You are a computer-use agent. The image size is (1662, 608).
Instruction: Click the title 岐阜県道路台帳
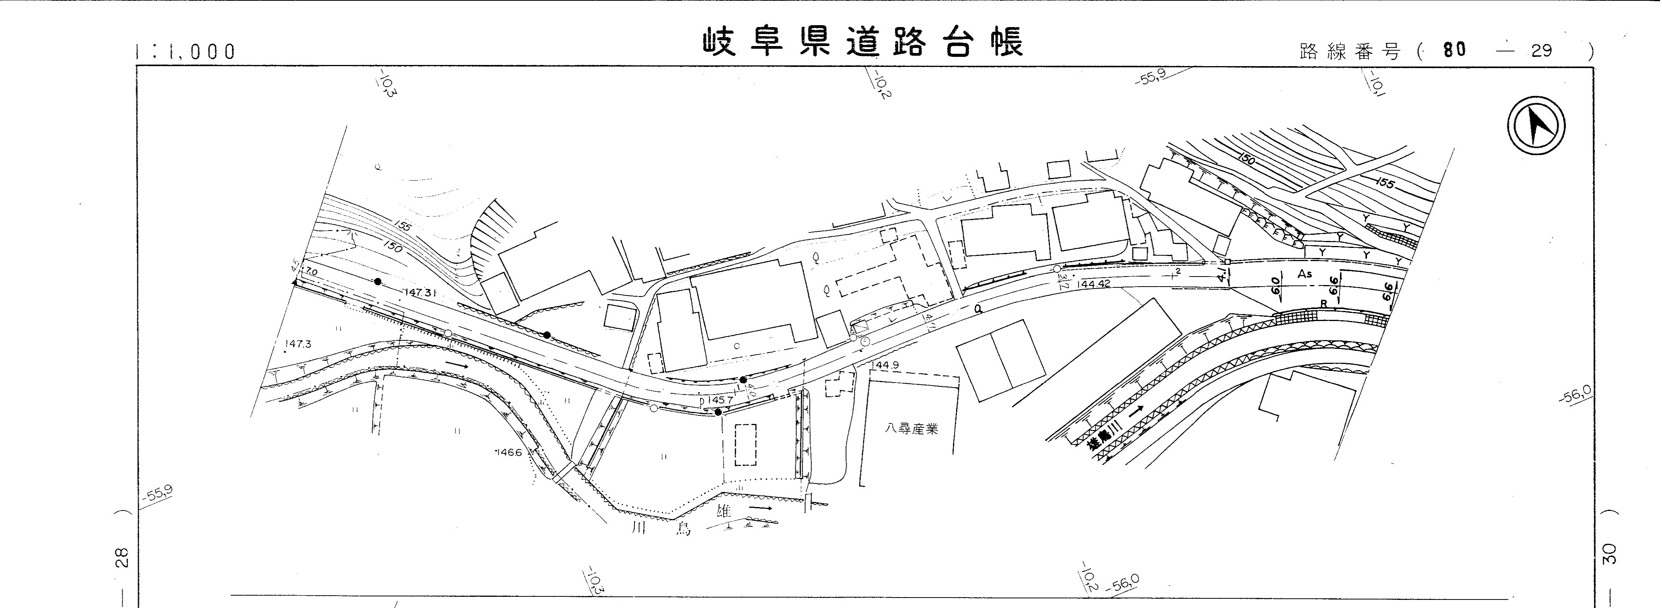point(862,43)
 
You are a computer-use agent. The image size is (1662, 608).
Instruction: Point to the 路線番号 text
point(1350,52)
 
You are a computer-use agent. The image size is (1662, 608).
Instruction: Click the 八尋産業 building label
point(911,429)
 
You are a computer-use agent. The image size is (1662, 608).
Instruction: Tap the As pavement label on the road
point(1304,274)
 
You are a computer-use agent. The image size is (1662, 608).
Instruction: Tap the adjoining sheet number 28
point(122,556)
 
